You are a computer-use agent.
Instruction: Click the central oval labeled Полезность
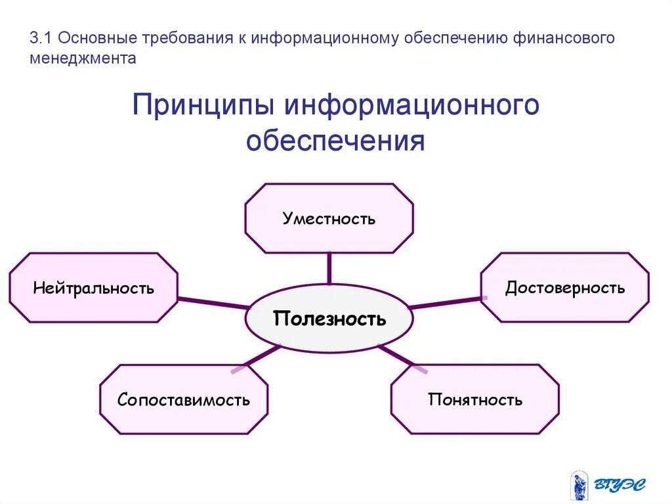[x=329, y=319]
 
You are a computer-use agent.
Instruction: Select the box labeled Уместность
[x=329, y=218]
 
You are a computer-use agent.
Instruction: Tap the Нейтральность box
[x=93, y=288]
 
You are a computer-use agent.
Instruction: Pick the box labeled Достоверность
[x=564, y=288]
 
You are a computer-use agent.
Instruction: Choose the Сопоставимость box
[x=184, y=400]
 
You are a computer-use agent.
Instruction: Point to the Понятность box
[x=475, y=400]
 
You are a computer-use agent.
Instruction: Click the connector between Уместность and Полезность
[x=329, y=269]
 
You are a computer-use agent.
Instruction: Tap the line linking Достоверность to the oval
[x=446, y=303]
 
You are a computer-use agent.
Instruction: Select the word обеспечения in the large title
[x=335, y=141]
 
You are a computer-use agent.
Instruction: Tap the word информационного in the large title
[x=412, y=105]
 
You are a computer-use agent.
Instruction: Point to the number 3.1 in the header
[x=41, y=38]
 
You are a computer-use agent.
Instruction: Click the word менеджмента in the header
[x=83, y=58]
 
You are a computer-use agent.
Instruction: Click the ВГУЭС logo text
[x=620, y=484]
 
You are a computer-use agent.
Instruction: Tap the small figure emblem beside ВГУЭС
[x=579, y=485]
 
